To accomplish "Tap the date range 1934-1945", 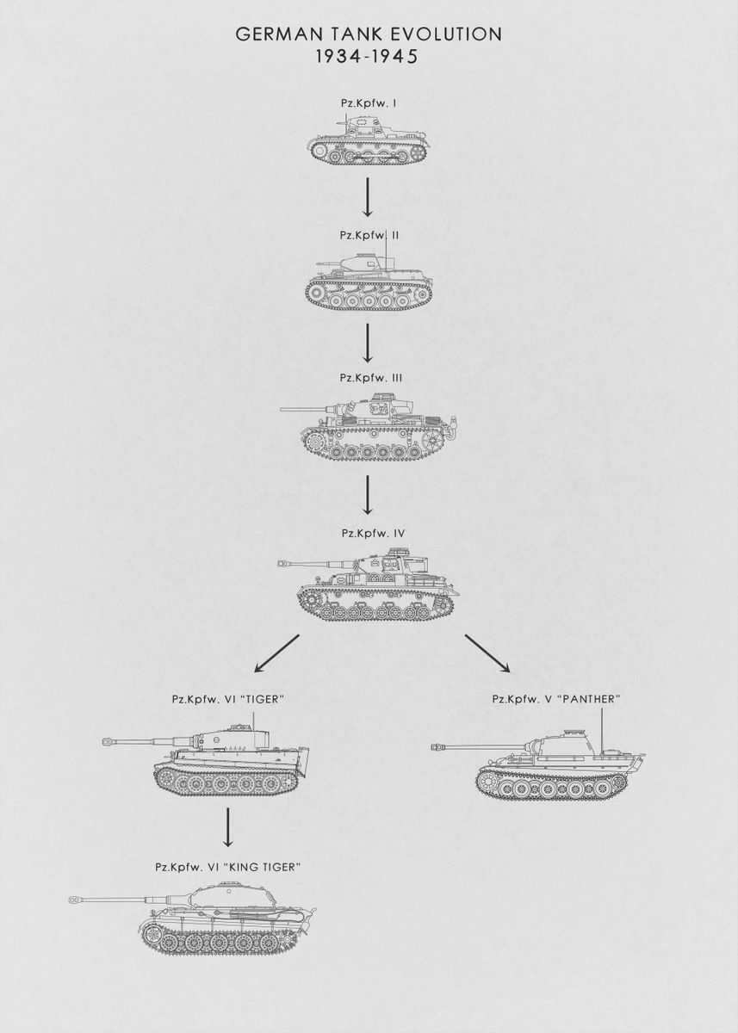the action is pos(366,57).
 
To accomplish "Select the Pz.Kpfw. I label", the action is pos(368,104).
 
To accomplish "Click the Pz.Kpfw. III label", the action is pos(371,377).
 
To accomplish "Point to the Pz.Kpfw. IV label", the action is pos(373,533).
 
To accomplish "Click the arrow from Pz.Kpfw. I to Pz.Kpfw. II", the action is pos(367,197).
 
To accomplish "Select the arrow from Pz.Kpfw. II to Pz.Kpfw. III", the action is pos(367,343).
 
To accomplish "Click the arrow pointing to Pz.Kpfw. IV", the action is pos(367,495).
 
